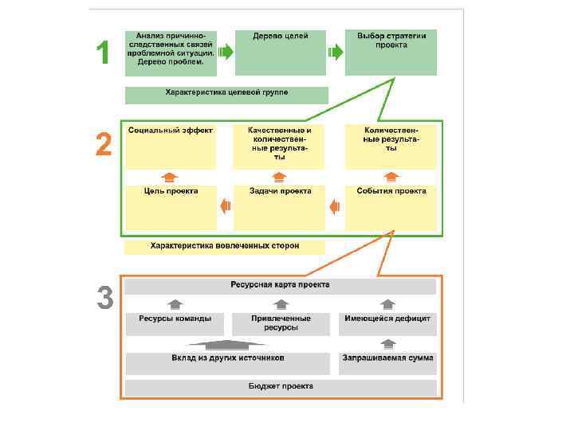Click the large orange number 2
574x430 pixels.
coord(104,146)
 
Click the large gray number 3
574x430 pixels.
coord(104,299)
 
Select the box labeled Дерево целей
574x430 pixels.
coord(281,53)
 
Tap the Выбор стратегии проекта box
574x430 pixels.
coord(391,53)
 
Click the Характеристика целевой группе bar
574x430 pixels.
coord(226,95)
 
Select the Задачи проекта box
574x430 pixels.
coord(280,206)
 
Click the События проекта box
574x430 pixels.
coord(391,206)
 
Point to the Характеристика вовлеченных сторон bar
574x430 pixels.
coord(226,246)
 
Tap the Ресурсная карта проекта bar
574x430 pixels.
coord(281,285)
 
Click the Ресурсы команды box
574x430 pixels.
coord(175,322)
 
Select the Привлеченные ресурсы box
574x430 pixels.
coord(280,322)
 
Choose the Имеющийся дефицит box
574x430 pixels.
coord(387,322)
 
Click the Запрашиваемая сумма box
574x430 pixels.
coord(387,362)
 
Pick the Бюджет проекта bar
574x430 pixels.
coord(281,388)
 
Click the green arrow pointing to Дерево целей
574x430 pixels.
coord(226,53)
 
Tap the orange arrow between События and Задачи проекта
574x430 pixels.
coord(336,206)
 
